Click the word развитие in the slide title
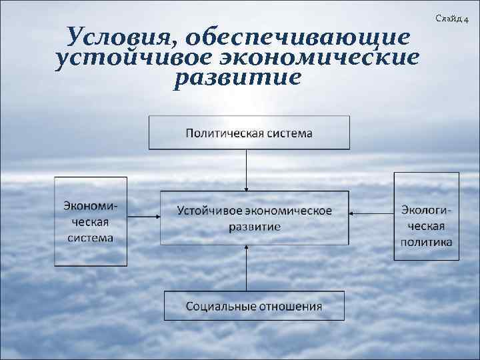pos(237,79)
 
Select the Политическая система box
pos(249,132)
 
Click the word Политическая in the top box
pos(223,133)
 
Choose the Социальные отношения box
pos(254,306)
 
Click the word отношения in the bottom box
pos(291,307)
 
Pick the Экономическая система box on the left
pos(91,221)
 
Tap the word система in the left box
pos(89,238)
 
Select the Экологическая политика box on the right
pos(426,217)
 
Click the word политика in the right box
pos(426,241)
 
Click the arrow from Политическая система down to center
pos(247,169)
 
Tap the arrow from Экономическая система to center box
pos(143,216)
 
